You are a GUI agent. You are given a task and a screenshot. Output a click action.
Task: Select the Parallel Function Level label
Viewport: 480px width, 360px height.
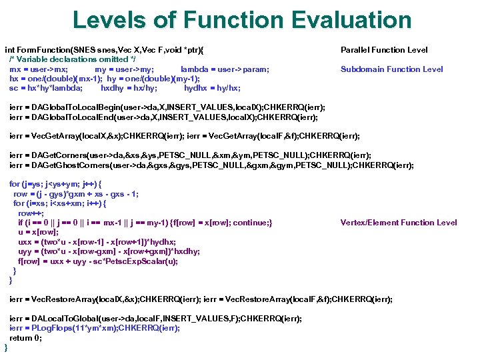[x=384, y=50]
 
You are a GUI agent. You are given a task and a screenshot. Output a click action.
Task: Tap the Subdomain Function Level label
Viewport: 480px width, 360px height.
[x=392, y=69]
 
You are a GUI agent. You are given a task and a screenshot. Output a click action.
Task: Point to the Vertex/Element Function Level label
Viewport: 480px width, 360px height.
[x=399, y=223]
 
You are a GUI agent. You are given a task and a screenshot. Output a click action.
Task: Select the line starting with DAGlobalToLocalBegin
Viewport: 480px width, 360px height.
[x=167, y=107]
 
